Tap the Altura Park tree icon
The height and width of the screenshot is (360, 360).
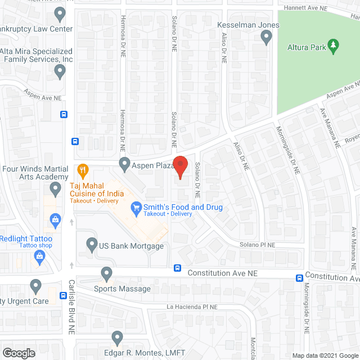333,47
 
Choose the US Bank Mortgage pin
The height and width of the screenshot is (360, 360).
92,245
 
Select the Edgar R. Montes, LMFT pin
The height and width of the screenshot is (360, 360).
117,338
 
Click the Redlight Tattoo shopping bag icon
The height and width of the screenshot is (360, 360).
39,258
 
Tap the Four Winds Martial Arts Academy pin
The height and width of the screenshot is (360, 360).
55,190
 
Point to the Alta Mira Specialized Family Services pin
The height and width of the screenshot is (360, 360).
60,71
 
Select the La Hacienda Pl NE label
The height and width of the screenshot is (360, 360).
191,307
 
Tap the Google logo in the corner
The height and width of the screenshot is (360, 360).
19,353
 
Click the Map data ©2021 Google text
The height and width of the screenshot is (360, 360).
325,355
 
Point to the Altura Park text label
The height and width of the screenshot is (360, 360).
307,47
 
